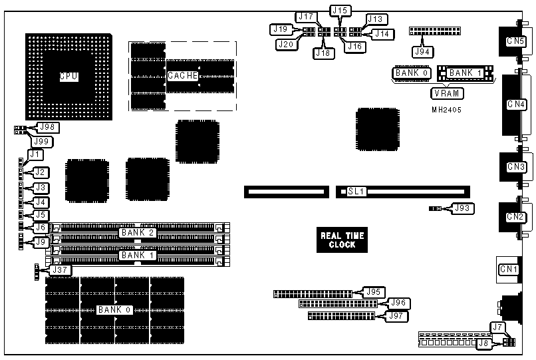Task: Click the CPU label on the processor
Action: (68, 77)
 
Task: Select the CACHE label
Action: (182, 76)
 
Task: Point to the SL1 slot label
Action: (357, 192)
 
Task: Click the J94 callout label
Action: (420, 51)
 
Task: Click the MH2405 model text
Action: (446, 109)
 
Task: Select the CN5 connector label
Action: (515, 42)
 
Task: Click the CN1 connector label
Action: (509, 269)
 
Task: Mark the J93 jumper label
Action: (461, 209)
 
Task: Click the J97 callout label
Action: (397, 315)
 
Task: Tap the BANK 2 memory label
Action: (138, 232)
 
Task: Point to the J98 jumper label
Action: (47, 127)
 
